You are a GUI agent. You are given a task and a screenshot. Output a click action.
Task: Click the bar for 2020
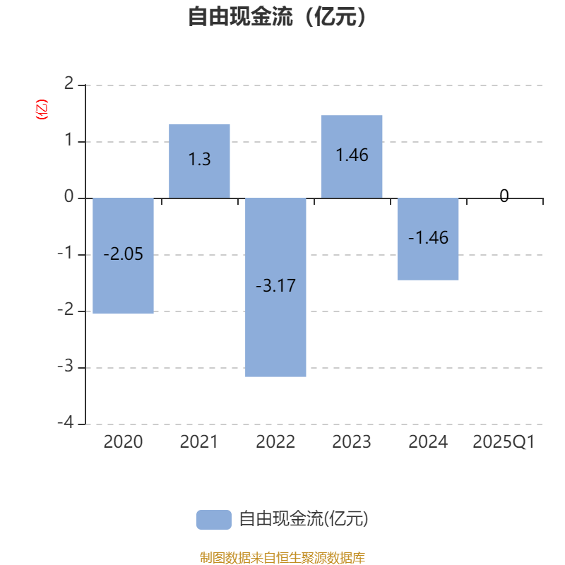[123, 256]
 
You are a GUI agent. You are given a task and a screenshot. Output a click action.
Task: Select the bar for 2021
[199, 161]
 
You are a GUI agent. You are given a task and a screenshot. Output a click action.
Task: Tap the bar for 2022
[275, 287]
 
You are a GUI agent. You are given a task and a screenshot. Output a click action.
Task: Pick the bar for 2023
[352, 157]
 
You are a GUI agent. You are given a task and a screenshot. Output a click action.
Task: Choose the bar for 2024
[428, 239]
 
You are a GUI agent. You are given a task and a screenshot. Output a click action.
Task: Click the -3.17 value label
[275, 286]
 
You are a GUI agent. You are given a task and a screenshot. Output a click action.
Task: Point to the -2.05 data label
[123, 254]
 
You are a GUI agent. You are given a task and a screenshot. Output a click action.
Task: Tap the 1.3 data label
[200, 160]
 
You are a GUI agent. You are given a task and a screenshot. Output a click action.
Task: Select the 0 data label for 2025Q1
[504, 196]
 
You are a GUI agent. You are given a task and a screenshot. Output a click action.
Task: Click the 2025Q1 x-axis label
[504, 442]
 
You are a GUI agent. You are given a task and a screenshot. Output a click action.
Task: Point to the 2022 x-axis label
[275, 442]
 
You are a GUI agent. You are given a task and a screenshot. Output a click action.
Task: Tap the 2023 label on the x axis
[352, 442]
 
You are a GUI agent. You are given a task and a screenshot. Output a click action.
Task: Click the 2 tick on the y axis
[69, 83]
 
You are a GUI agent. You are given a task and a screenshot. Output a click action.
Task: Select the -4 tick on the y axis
[66, 422]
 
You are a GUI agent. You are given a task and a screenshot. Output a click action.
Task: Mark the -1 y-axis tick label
[66, 253]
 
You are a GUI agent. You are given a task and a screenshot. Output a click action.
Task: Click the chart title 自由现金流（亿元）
[277, 16]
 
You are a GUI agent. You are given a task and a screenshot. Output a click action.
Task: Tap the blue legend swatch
[214, 520]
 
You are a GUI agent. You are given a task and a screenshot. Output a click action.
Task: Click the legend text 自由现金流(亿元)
[304, 519]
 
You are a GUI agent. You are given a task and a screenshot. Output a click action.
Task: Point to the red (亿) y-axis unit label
[42, 109]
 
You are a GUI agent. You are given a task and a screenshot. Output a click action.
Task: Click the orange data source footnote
[282, 558]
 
